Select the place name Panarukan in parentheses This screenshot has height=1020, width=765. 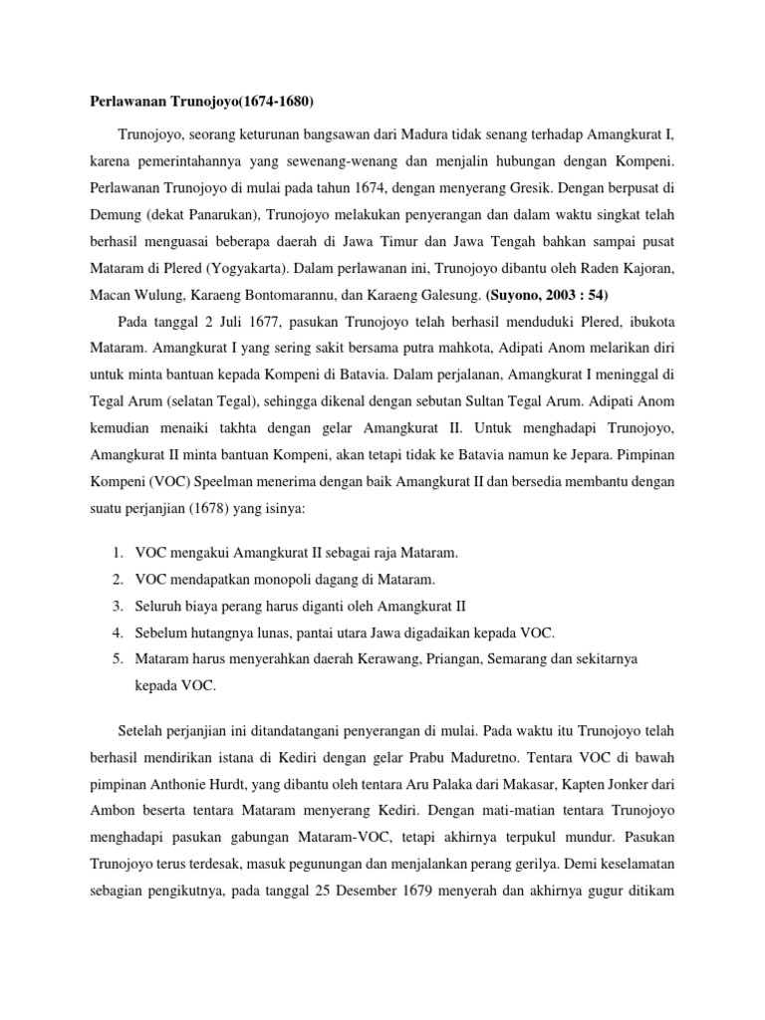point(222,212)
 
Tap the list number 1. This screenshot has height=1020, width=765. point(117,552)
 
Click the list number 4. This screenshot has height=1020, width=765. point(117,633)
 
